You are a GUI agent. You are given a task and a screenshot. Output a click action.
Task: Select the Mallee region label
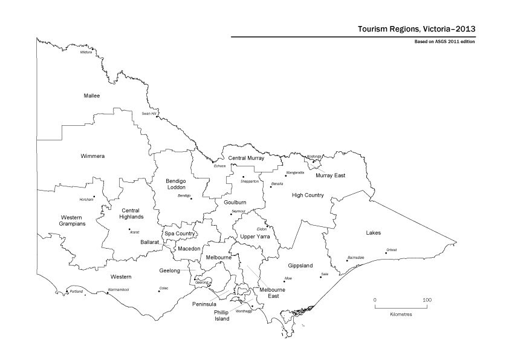pyautogui.click(x=92, y=96)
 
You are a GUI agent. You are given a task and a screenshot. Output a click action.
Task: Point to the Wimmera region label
pyautogui.click(x=92, y=156)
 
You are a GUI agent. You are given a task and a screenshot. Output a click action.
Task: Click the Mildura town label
pyautogui.click(x=86, y=52)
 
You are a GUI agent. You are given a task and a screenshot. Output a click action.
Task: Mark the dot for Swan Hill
pyautogui.click(x=157, y=117)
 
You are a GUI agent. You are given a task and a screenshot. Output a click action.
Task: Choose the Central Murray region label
pyautogui.click(x=250, y=158)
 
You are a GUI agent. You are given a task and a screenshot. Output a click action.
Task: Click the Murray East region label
pyautogui.click(x=330, y=175)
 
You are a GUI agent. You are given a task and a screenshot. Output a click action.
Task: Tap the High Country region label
pyautogui.click(x=308, y=195)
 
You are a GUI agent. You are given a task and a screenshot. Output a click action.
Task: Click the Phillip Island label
pyautogui.click(x=222, y=315)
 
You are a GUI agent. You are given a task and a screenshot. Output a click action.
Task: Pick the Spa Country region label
pyautogui.click(x=180, y=234)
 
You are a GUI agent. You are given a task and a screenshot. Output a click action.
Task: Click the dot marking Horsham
pyautogui.click(x=94, y=197)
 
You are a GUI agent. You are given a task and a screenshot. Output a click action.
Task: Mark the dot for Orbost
pyautogui.click(x=386, y=253)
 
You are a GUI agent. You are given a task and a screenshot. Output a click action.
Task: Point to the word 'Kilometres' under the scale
pyautogui.click(x=401, y=315)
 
